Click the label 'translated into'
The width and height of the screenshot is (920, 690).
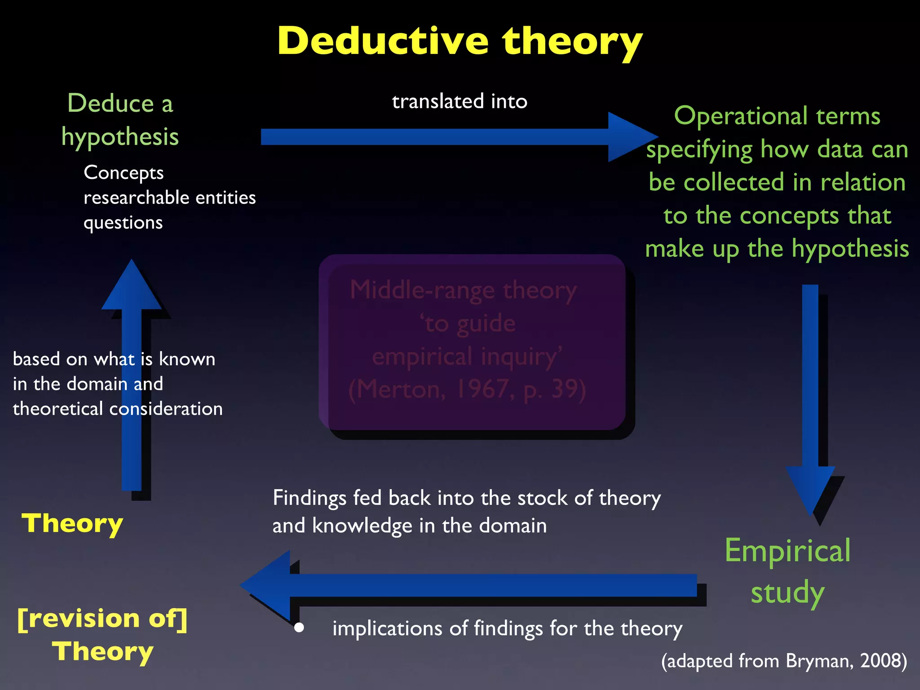pyautogui.click(x=459, y=102)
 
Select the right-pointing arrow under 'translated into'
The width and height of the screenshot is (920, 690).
pyautogui.click(x=449, y=137)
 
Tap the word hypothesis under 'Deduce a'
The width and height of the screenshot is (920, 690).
pyautogui.click(x=120, y=137)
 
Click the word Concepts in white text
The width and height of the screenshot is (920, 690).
pyautogui.click(x=124, y=173)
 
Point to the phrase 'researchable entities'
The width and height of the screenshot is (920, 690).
pyautogui.click(x=169, y=198)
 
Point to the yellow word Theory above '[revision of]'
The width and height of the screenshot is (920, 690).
pyautogui.click(x=72, y=524)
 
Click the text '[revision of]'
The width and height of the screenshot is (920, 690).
pyautogui.click(x=102, y=619)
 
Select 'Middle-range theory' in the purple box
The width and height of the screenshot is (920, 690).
pyautogui.click(x=463, y=290)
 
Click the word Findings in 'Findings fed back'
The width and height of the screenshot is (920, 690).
pyautogui.click(x=310, y=498)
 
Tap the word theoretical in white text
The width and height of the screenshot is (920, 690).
pyautogui.click(x=58, y=409)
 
